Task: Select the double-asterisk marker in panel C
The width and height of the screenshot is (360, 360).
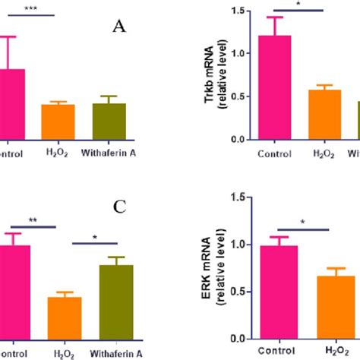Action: [34, 219]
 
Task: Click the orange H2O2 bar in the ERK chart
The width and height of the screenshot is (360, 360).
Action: [329, 307]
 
